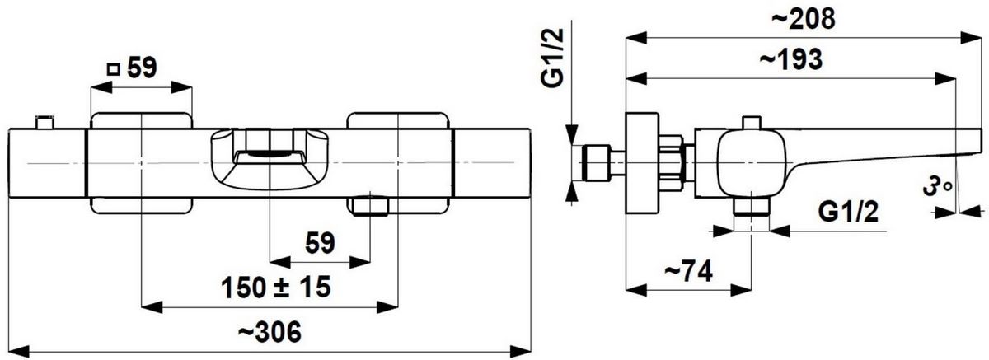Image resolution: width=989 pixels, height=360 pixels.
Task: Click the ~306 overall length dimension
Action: click(x=270, y=332)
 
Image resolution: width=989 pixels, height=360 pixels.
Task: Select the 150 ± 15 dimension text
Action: click(x=276, y=288)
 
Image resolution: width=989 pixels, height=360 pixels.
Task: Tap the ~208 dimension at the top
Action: click(x=804, y=20)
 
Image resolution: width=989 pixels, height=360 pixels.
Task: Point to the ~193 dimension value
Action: click(x=791, y=59)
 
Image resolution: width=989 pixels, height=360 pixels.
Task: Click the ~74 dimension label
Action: click(x=688, y=271)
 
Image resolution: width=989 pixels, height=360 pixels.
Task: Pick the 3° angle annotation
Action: click(x=938, y=187)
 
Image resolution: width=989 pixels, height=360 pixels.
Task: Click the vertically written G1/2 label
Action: click(x=553, y=58)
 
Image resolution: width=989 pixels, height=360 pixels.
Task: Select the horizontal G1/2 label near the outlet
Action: click(x=848, y=212)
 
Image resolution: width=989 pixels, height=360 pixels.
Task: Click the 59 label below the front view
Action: click(x=320, y=243)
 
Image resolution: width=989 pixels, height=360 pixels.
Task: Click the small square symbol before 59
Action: click(x=114, y=70)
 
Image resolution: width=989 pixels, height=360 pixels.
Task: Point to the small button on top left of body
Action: click(x=45, y=123)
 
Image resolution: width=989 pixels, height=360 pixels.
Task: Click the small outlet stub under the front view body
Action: click(x=370, y=207)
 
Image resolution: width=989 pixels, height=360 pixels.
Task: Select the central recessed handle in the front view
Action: click(x=270, y=159)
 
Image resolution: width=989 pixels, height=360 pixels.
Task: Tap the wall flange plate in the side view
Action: click(x=642, y=163)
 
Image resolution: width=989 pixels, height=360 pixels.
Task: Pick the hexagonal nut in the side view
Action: click(x=673, y=163)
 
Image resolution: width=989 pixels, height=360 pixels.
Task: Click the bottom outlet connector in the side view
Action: click(x=751, y=207)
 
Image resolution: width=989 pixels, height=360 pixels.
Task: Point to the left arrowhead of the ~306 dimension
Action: click(x=19, y=352)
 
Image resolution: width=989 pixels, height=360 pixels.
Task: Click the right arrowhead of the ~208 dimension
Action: click(x=971, y=38)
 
